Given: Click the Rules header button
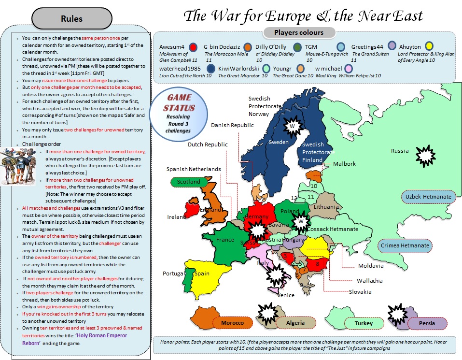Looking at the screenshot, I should (71, 19).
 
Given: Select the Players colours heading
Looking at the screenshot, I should (299, 33).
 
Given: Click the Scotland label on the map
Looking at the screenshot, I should (189, 182).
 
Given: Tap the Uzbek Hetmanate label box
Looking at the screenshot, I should (428, 197).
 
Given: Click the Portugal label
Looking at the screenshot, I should (173, 274).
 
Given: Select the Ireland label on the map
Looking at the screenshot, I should (176, 217).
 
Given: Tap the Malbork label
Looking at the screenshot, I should (345, 164).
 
